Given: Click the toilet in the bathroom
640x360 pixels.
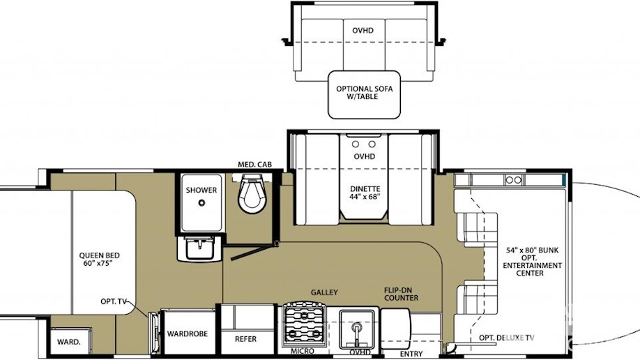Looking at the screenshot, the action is coord(252,193).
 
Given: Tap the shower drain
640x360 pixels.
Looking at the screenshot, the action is coord(201,203).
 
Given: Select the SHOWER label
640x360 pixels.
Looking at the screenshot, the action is coord(201,190).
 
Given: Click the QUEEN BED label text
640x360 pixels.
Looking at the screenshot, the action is coord(99,260).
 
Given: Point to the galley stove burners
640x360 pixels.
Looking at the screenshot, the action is coord(305,324).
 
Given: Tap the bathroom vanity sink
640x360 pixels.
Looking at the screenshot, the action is coord(199,248).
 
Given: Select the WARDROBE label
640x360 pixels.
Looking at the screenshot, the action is coord(188,334).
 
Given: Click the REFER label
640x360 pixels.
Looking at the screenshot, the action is coord(245,339).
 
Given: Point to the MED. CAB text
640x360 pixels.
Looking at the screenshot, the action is coord(254,164).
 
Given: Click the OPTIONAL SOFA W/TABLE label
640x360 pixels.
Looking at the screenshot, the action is coord(365,93).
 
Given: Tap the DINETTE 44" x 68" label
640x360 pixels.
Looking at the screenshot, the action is coord(365,193).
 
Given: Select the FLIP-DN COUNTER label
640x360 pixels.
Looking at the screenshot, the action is coord(401,294).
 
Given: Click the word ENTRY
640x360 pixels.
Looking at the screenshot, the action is coord(411,354).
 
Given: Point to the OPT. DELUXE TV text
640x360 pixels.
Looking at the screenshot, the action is coord(507,338).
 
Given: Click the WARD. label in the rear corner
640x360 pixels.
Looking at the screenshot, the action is coord(68,342).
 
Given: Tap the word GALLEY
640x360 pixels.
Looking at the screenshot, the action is coord(324,292).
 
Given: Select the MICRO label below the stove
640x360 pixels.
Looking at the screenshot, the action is coord(303,351).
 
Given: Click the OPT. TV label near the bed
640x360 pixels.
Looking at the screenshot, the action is coord(114,301).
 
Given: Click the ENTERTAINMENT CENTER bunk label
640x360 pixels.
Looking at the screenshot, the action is coord(532,269).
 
